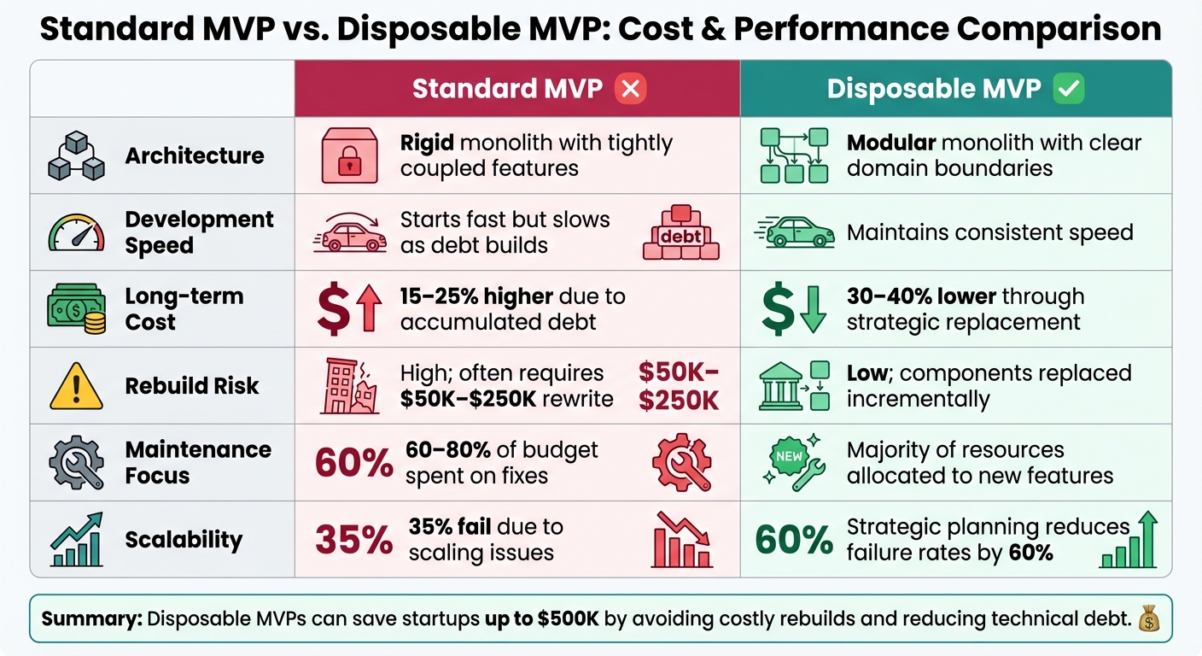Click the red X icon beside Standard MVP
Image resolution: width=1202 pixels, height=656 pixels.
tap(631, 88)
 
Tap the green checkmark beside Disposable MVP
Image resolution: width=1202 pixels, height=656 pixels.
tap(1069, 88)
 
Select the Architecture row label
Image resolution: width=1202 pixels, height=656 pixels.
tap(195, 155)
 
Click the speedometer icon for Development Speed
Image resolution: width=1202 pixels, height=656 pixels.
tap(76, 232)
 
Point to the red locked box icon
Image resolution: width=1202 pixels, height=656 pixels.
tap(348, 155)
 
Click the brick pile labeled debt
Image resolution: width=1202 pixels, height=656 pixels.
tap(680, 232)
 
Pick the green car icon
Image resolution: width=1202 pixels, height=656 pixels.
tap(794, 231)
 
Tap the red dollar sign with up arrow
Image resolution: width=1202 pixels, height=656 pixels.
tap(347, 309)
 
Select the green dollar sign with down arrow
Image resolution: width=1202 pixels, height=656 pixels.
tap(793, 309)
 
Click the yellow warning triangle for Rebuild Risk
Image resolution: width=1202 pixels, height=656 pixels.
tap(76, 386)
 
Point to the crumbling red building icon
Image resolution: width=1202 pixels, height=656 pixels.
tap(350, 386)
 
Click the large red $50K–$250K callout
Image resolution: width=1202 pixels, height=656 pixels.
tap(679, 386)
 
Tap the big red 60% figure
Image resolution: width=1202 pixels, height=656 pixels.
tap(354, 463)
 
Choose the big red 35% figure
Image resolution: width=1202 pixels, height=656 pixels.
tap(354, 540)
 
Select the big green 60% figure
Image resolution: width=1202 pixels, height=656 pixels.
tap(795, 540)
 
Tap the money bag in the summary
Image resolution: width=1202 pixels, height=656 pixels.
tap(1147, 618)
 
